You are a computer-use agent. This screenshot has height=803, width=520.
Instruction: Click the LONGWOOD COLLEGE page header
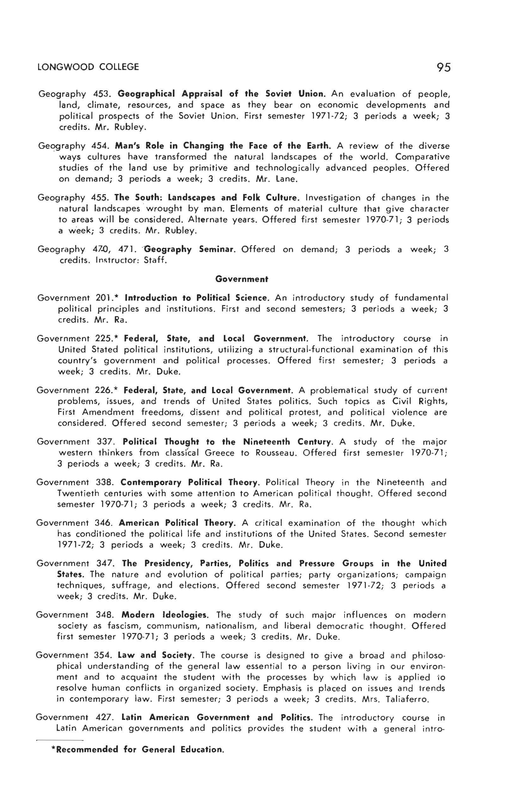click(x=88, y=67)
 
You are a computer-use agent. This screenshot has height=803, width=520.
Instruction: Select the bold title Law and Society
click(x=156, y=655)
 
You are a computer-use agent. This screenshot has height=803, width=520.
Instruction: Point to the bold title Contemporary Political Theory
click(x=189, y=482)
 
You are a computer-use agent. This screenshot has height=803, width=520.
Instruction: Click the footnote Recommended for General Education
click(x=138, y=749)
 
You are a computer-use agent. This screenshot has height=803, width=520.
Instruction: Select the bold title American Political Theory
click(x=177, y=523)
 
